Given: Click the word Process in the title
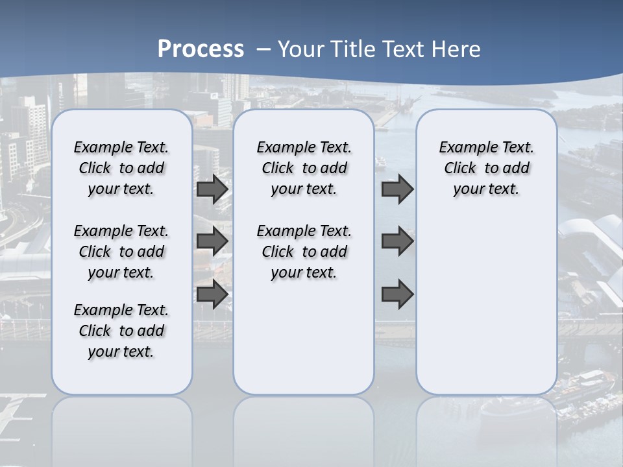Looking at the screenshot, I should [x=201, y=49].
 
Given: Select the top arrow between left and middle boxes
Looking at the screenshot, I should [x=212, y=189].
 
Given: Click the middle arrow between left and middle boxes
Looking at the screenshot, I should [x=212, y=241].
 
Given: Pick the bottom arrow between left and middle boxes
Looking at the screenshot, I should [x=212, y=294].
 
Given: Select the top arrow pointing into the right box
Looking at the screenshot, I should [x=397, y=189].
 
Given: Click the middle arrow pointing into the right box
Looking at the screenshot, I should [x=397, y=241].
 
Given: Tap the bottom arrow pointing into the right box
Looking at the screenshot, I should [x=397, y=294].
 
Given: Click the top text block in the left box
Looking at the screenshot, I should [x=121, y=168].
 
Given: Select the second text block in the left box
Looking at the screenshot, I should [x=121, y=252].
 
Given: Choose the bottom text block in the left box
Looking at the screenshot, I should [x=121, y=331].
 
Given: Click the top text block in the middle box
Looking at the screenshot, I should [x=304, y=168].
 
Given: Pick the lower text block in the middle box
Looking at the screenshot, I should [x=304, y=252].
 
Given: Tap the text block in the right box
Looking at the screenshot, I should [x=486, y=168].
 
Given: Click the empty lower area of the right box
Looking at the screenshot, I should [x=486, y=305].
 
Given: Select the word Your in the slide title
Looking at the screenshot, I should [x=301, y=49].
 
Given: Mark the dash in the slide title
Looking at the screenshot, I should [x=263, y=49].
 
